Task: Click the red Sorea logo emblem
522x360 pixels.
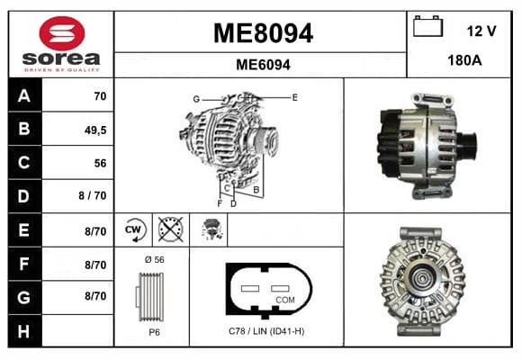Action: pyautogui.click(x=62, y=33)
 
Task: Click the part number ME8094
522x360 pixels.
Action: pyautogui.click(x=263, y=33)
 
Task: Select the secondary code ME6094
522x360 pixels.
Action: pyautogui.click(x=263, y=65)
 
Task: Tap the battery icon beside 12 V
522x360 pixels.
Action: pyautogui.click(x=427, y=26)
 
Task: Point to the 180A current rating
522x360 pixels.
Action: pyautogui.click(x=464, y=60)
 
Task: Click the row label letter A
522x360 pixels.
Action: pyautogui.click(x=24, y=96)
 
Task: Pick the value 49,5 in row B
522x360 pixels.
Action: pyautogui.click(x=95, y=130)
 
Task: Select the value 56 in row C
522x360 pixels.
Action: pyautogui.click(x=100, y=163)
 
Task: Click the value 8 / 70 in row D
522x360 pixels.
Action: pyautogui.click(x=93, y=195)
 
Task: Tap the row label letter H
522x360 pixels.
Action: pyautogui.click(x=23, y=331)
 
